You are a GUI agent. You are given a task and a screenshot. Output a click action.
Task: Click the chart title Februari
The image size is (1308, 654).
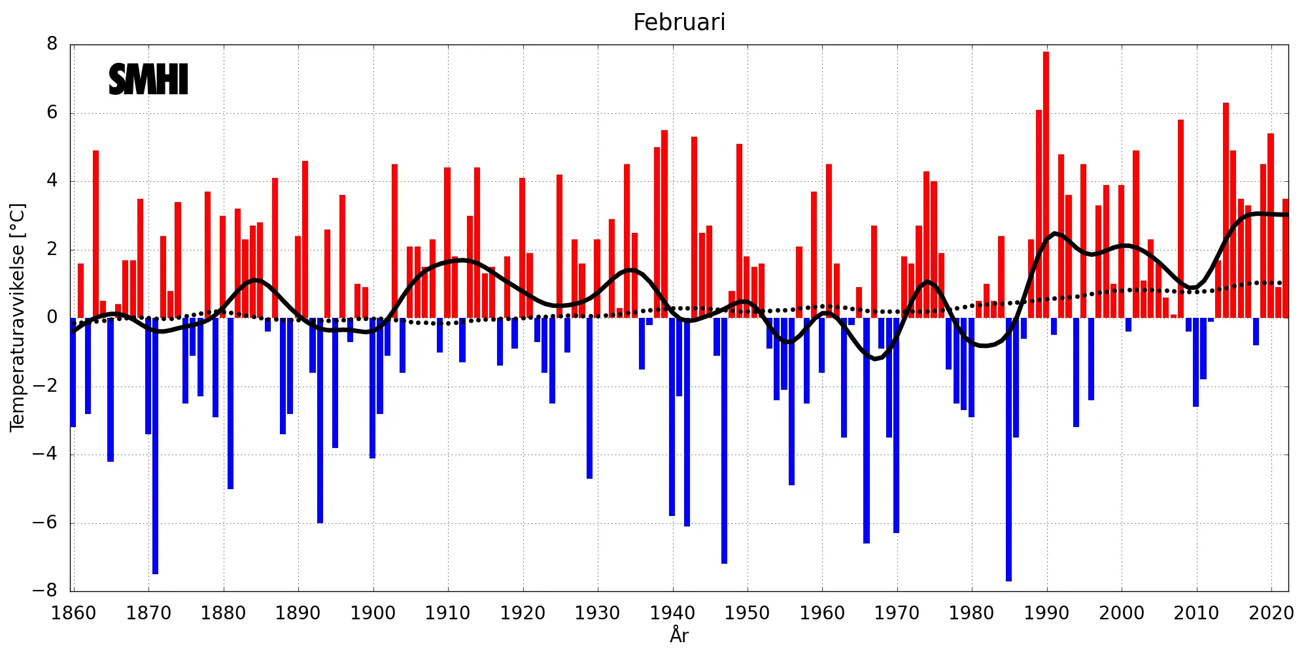[679, 23]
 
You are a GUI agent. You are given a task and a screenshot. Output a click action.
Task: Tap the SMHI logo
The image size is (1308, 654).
[148, 80]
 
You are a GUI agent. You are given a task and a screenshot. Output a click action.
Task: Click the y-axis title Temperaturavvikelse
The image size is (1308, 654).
[18, 317]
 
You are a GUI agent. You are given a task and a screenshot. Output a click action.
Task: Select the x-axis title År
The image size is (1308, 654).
[679, 635]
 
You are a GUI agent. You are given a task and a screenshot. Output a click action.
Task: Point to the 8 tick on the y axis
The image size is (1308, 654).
[52, 44]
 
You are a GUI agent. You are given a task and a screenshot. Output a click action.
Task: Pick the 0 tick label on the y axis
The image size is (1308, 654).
[52, 318]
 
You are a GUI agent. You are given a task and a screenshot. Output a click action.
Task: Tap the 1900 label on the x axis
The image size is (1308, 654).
[373, 613]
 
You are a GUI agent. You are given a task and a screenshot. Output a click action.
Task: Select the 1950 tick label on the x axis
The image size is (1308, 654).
[748, 613]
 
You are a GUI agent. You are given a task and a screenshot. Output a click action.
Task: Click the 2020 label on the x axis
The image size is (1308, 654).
[1271, 613]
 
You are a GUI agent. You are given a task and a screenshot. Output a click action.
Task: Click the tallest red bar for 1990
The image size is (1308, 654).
[1046, 183]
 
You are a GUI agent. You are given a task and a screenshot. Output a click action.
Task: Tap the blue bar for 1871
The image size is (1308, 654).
[156, 445]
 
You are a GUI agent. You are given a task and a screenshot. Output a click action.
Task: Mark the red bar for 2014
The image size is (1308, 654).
[1226, 209]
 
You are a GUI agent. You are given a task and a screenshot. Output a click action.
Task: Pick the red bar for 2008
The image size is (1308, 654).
[1181, 218]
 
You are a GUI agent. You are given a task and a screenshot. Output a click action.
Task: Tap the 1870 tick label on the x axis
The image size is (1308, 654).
[148, 613]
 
